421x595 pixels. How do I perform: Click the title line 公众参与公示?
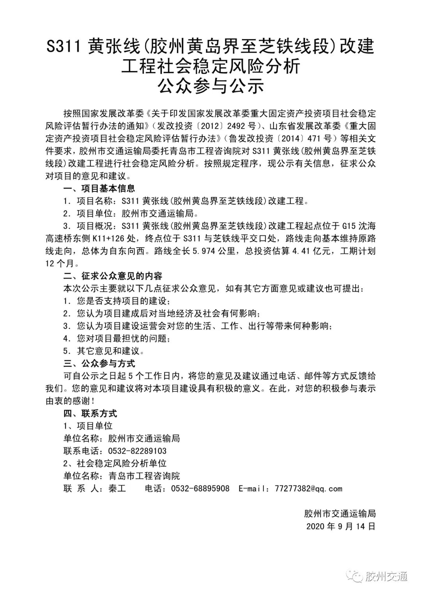click(210, 86)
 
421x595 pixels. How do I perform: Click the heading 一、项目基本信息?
click(99, 189)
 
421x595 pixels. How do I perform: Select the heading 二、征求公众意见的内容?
click(113, 276)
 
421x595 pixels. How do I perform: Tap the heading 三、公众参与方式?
click(99, 364)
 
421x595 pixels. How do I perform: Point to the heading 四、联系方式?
click(90, 414)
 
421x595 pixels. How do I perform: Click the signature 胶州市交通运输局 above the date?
click(340, 514)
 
